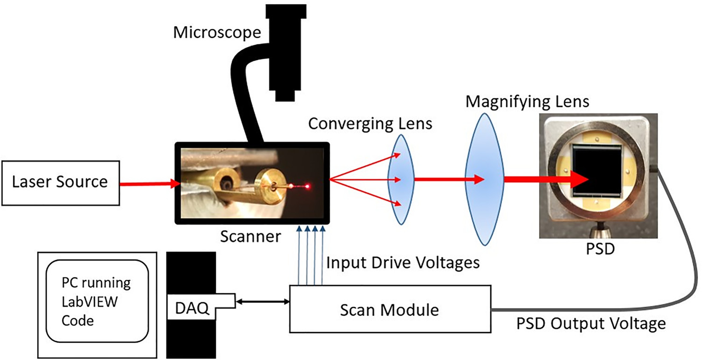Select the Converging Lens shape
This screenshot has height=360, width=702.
[399, 179]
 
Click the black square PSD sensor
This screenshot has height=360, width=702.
[598, 175]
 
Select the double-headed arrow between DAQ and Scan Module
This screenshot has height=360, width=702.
[262, 302]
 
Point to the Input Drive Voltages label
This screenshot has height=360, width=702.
[403, 262]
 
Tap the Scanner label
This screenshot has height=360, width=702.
[250, 237]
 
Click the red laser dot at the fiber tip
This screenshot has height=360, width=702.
[308, 187]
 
